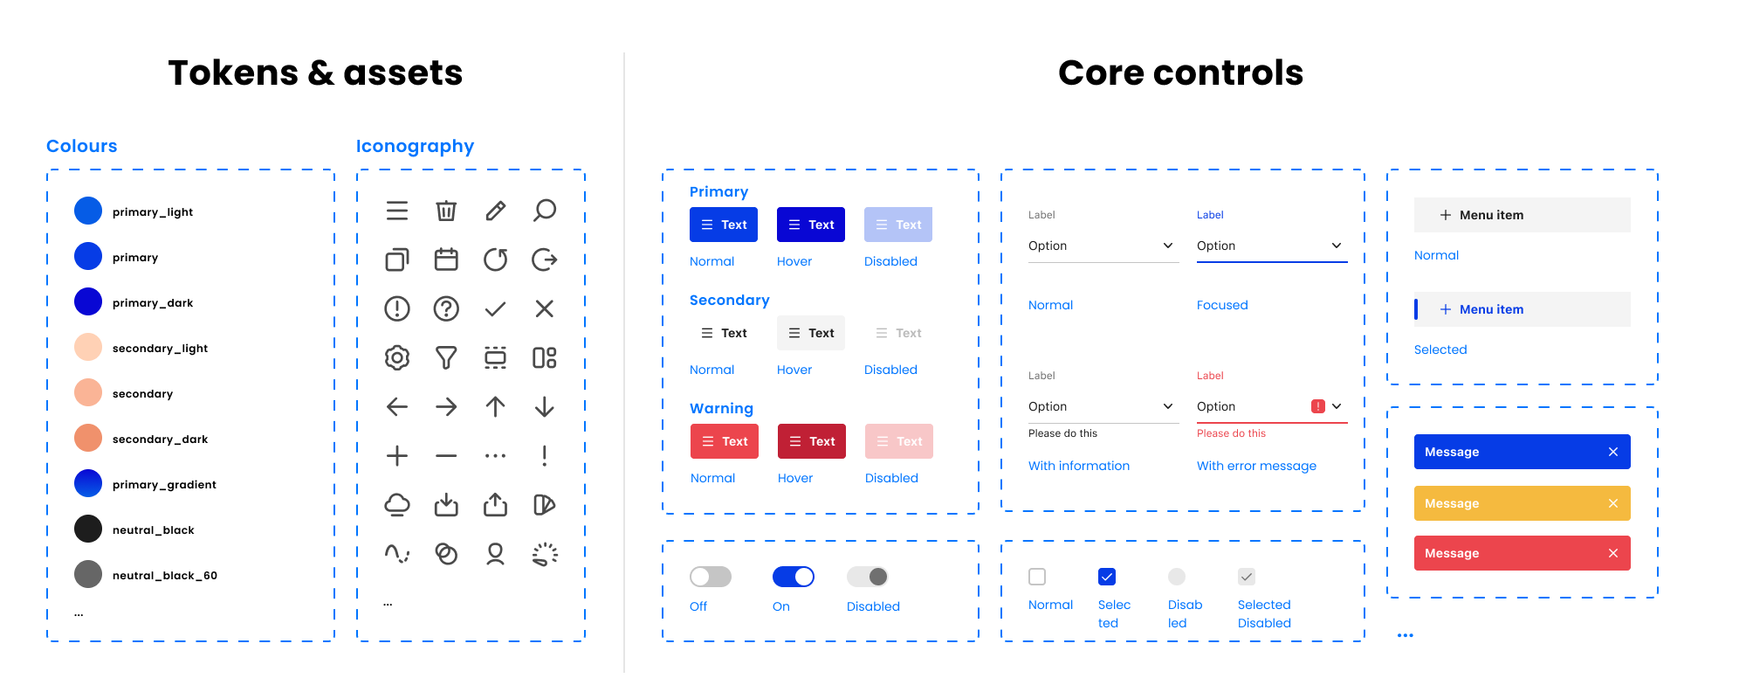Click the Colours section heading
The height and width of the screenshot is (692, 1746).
click(81, 146)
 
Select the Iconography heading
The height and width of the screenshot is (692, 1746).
click(415, 146)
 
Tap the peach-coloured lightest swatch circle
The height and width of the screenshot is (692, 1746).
click(88, 347)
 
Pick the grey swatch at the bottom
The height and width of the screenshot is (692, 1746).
click(88, 574)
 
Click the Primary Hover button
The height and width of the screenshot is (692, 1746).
click(810, 225)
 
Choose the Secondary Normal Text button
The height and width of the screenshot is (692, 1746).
click(723, 333)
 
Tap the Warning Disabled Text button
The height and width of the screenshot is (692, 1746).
click(898, 441)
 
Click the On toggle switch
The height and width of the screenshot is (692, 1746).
click(793, 577)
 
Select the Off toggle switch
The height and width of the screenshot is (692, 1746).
click(710, 577)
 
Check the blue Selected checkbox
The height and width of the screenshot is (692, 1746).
click(1106, 577)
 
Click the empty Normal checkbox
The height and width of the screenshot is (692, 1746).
click(1037, 577)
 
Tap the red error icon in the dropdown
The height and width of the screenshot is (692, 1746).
click(1317, 406)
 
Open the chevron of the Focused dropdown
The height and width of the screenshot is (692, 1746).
click(1336, 246)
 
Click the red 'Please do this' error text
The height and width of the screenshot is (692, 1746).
click(1231, 433)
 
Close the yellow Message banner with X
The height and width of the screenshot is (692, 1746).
click(1612, 503)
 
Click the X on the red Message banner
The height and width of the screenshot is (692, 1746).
click(1612, 553)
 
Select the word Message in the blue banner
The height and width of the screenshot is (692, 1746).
click(1451, 452)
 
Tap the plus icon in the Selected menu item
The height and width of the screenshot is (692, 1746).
click(1445, 309)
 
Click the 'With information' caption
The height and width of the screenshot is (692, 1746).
click(1078, 466)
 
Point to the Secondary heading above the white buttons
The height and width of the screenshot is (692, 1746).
click(729, 301)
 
